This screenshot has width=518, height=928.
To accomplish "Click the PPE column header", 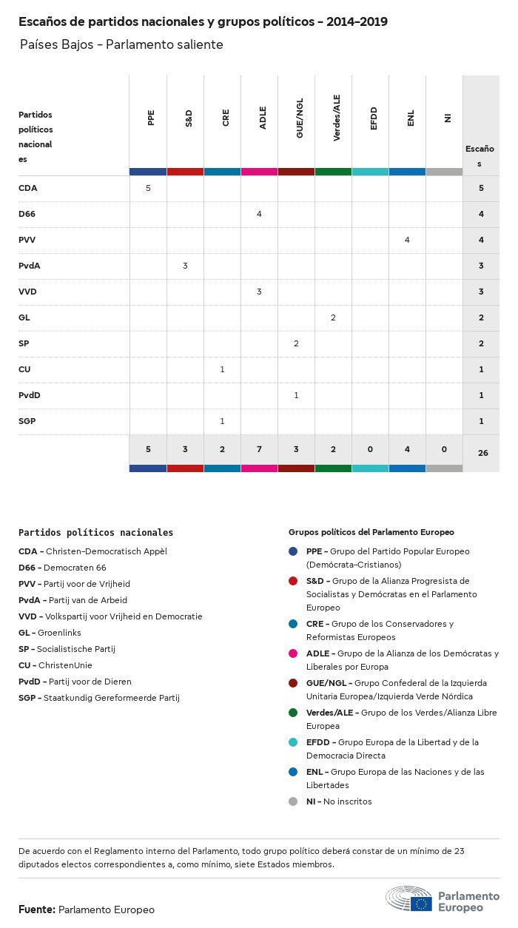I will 151,118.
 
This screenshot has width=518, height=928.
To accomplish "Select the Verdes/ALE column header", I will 337,122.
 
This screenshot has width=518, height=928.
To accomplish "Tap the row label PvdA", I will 29,266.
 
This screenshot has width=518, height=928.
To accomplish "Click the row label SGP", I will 27,421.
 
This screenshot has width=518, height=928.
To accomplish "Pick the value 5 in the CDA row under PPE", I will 148,188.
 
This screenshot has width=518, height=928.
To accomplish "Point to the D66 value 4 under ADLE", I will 259,214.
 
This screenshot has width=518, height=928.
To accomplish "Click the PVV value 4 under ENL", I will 407,240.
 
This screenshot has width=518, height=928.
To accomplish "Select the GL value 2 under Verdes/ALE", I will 333,317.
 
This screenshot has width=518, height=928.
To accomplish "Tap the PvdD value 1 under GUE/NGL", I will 296,395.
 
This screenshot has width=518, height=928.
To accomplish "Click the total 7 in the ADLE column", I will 259,450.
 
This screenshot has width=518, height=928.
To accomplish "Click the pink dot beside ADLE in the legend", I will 293,653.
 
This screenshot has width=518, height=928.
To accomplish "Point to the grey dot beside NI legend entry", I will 293,801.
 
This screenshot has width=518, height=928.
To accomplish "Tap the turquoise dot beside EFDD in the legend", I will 293,742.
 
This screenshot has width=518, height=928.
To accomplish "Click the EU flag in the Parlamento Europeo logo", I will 422,903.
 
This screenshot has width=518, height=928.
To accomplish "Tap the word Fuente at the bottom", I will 36,909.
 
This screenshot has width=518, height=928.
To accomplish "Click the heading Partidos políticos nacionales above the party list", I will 95,532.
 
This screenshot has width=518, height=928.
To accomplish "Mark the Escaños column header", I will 480,155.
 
